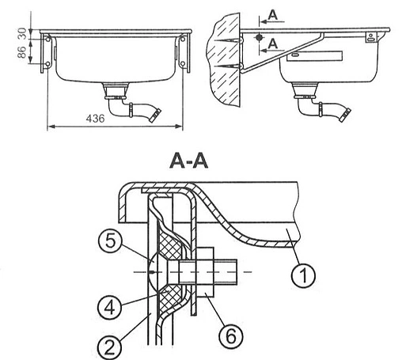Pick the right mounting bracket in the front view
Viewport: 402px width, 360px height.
tap(184, 51)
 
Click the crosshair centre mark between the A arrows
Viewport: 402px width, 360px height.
tap(258, 37)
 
